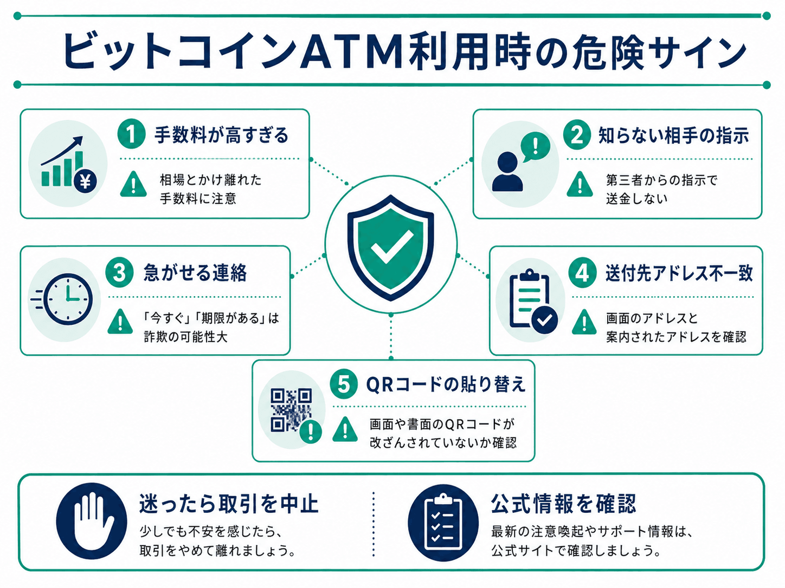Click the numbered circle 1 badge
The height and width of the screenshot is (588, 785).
point(131,134)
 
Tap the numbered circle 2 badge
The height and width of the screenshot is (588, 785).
point(576,135)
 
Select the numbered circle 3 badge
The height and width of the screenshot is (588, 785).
point(119,272)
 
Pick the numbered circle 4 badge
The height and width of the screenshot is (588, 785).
point(582,273)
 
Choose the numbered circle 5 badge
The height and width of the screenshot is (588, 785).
point(343,384)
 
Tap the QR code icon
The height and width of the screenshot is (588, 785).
point(291,410)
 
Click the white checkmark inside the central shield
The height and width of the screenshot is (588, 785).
point(391,247)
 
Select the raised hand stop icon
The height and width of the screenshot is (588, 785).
point(92,521)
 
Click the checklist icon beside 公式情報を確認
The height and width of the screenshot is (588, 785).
point(443,522)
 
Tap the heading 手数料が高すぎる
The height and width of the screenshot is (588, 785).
point(221,135)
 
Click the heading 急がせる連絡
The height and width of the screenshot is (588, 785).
point(195,273)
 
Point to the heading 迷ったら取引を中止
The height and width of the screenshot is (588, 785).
point(229,504)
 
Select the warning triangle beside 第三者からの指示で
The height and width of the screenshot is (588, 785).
point(580,184)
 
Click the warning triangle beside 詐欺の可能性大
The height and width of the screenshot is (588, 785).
point(120,321)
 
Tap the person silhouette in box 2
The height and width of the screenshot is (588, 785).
point(507,172)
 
